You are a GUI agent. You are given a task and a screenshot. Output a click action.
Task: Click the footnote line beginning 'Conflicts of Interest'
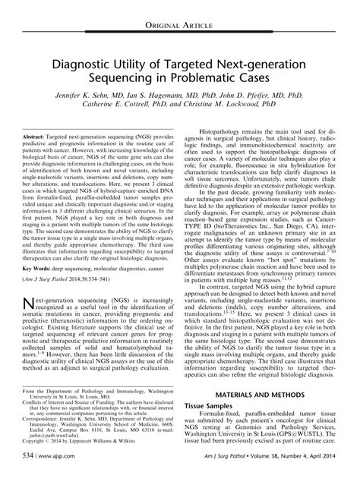point(99,404)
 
